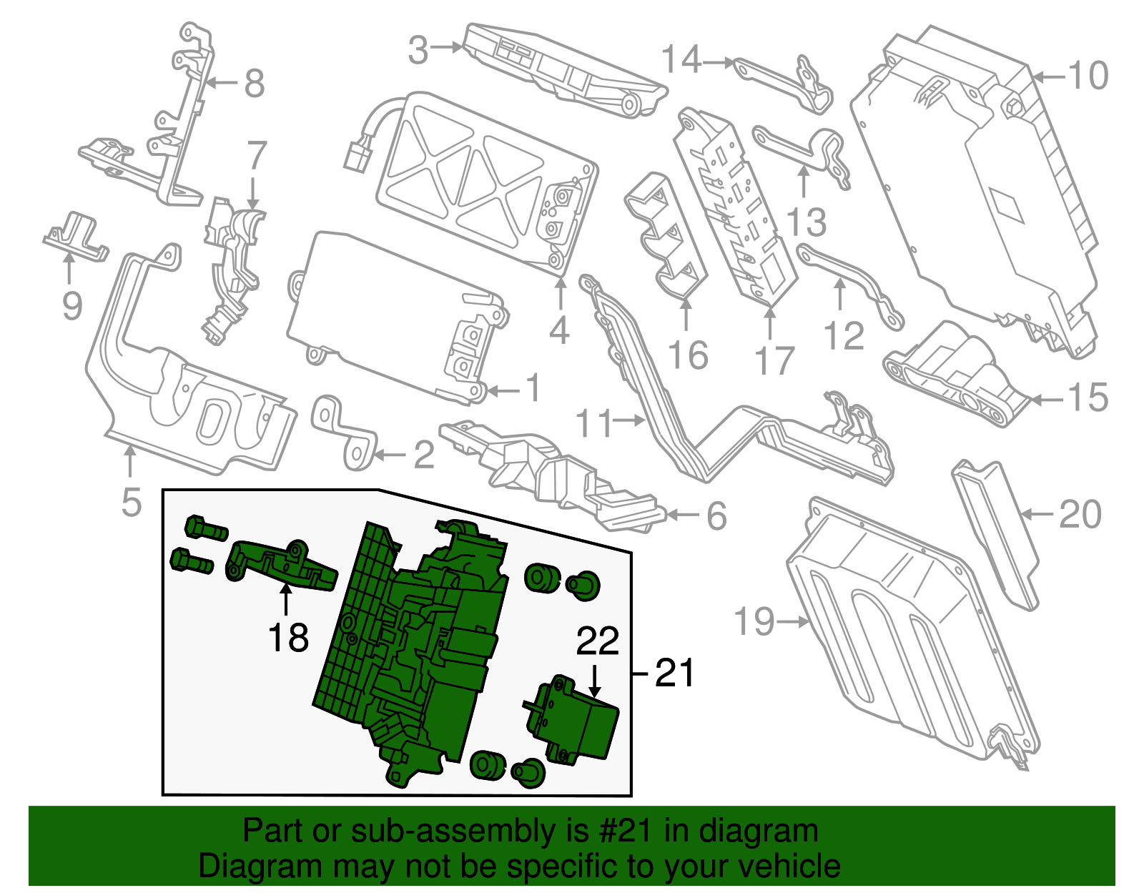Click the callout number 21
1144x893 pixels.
(x=674, y=673)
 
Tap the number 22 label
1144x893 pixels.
(x=597, y=641)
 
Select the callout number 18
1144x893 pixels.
(x=288, y=637)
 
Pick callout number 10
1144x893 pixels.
(x=1088, y=76)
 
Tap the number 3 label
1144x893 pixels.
(x=418, y=50)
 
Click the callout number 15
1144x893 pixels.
(x=1088, y=398)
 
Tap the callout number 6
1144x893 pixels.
(x=716, y=515)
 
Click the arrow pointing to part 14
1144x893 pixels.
(x=719, y=63)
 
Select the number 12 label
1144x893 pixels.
(x=844, y=335)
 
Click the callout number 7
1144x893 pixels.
(x=257, y=157)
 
